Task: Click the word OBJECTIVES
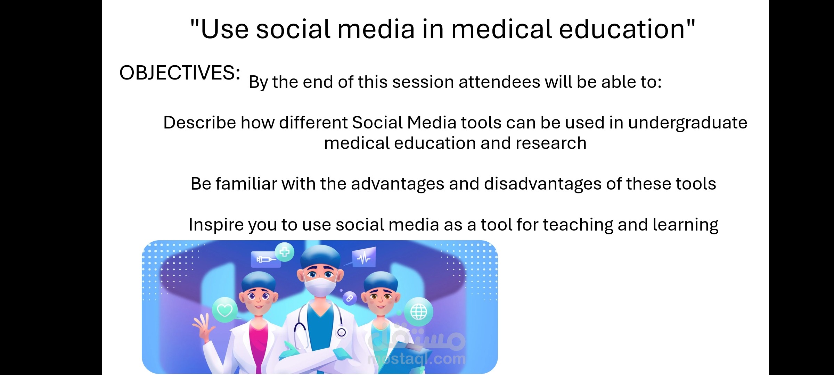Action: click(x=177, y=73)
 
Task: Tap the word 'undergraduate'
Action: click(x=687, y=123)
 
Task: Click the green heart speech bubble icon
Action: click(x=225, y=310)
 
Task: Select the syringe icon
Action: click(x=266, y=259)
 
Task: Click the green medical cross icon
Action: click(x=285, y=252)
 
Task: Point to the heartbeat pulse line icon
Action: click(x=363, y=258)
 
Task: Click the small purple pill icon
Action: click(x=350, y=298)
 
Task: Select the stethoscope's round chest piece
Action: click(x=342, y=332)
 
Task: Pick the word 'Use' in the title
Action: click(x=224, y=29)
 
